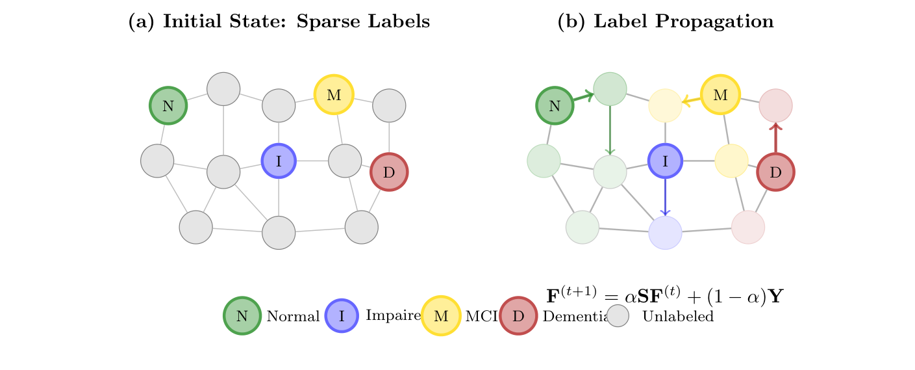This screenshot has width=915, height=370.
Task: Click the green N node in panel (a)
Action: [168, 105]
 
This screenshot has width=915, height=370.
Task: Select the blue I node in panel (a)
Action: [279, 161]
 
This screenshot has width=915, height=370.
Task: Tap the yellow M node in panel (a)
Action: [334, 94]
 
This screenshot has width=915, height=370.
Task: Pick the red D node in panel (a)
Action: [389, 172]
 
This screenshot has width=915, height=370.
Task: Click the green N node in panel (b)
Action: [555, 105]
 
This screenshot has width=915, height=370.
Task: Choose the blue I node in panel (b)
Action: [665, 161]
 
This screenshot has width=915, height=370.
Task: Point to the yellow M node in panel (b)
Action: [720, 94]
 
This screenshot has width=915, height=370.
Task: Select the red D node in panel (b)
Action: [775, 172]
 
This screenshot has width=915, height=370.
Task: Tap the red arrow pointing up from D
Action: [775, 138]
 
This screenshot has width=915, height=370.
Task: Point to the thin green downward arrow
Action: [610, 130]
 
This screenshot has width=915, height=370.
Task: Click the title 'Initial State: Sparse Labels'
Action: [279, 21]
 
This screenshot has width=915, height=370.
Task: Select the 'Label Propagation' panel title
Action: [666, 21]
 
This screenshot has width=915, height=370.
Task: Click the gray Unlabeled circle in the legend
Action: [618, 316]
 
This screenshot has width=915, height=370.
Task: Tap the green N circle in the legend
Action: [242, 316]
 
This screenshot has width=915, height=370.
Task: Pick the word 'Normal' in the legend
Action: [293, 317]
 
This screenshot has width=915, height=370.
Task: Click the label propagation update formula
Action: [665, 297]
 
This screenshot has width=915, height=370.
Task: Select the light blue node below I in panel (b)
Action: [665, 233]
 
